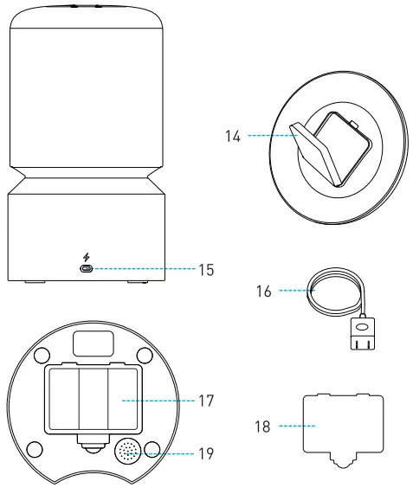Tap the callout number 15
205,269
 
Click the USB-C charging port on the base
87,269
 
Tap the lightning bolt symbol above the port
87,255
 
